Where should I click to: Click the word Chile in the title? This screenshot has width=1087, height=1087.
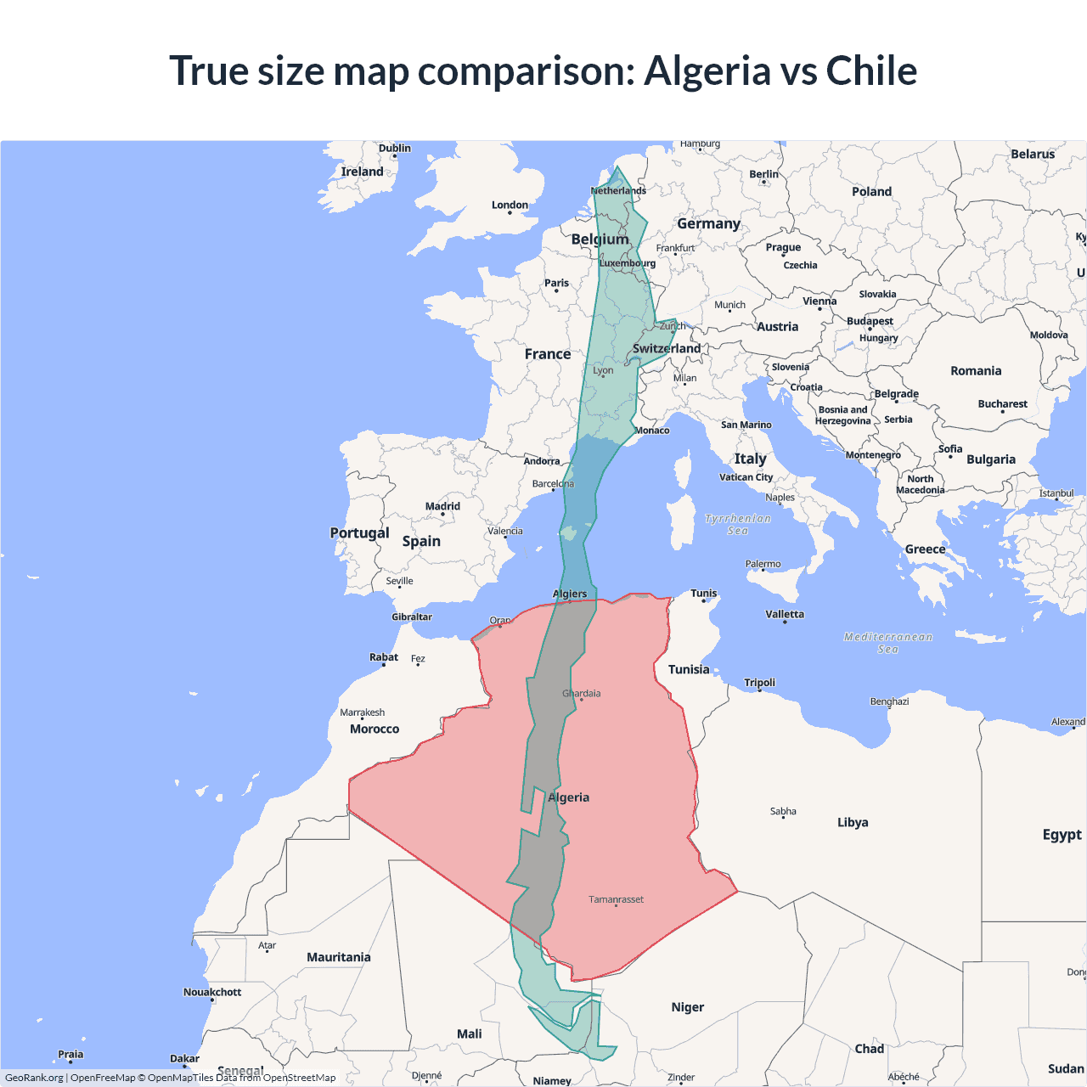(x=871, y=70)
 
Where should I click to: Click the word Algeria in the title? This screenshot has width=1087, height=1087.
(x=707, y=70)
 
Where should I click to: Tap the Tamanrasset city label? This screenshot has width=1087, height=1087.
(x=617, y=899)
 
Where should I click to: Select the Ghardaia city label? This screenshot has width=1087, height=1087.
(x=582, y=694)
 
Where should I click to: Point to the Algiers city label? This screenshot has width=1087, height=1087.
(x=570, y=594)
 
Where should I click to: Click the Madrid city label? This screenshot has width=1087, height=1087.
(x=442, y=506)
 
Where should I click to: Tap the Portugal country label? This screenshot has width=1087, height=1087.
(x=359, y=533)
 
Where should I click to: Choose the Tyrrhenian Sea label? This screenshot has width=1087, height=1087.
(x=738, y=524)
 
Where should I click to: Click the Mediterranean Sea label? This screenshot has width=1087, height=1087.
(x=888, y=643)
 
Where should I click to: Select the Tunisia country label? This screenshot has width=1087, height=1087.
(x=689, y=669)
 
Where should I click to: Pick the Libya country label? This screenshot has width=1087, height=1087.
(x=853, y=822)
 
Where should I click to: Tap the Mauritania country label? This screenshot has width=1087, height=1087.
(x=339, y=957)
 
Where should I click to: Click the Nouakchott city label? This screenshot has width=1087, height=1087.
(x=212, y=992)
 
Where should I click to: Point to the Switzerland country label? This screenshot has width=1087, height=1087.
(x=667, y=348)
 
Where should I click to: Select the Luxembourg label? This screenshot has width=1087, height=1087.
(x=628, y=263)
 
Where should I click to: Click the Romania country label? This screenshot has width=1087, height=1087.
(x=976, y=371)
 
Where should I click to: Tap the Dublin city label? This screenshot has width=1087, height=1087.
(x=395, y=148)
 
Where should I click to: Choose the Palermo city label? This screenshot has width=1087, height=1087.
(x=763, y=564)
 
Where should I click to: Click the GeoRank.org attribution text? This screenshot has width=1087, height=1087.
(x=34, y=1078)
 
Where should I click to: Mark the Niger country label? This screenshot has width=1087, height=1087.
(x=688, y=1007)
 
